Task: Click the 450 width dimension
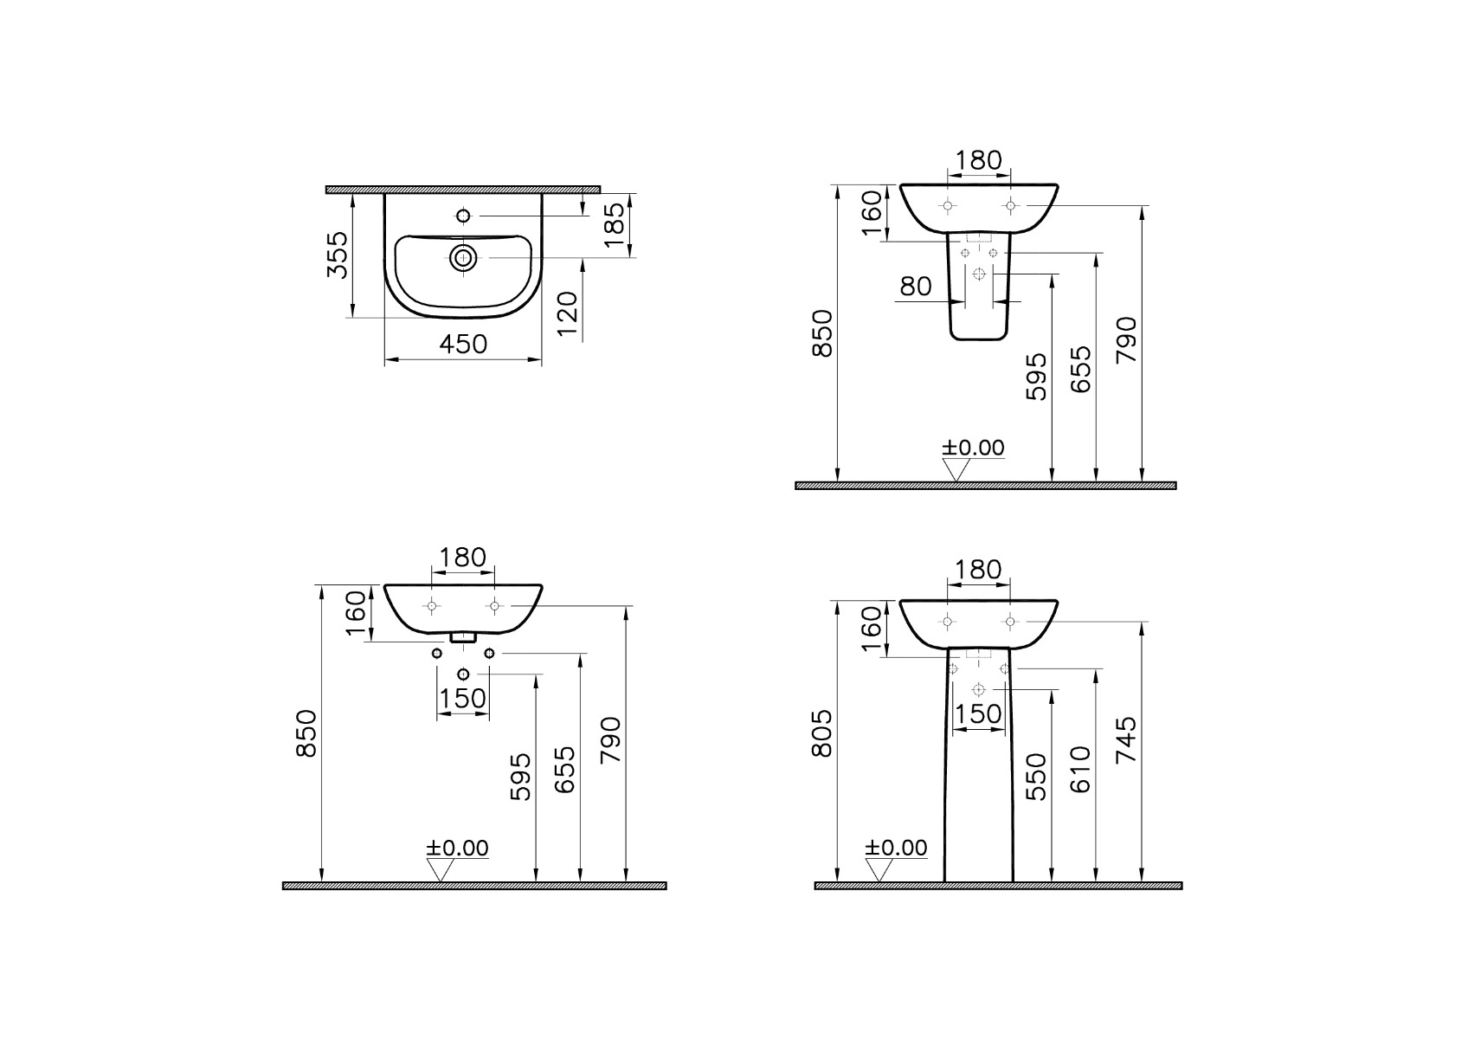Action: tap(463, 344)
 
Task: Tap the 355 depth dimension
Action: tap(338, 255)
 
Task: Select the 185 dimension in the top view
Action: tap(615, 225)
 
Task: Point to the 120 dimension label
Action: tap(568, 314)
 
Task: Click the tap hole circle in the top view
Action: tap(463, 216)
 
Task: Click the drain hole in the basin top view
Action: tap(463, 258)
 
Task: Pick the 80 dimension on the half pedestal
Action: tap(916, 286)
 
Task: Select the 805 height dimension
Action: tap(821, 732)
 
